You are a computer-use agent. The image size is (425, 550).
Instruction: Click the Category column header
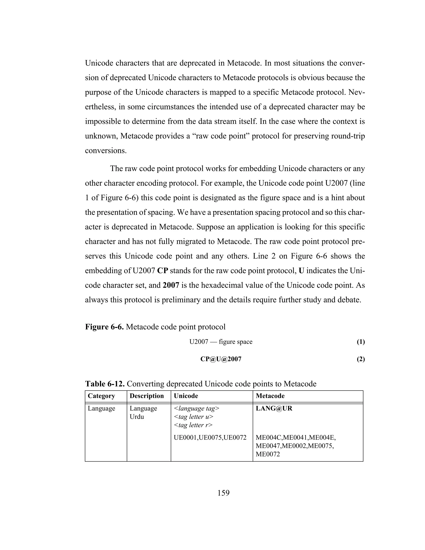click(101, 396)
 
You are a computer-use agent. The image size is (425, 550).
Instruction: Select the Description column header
click(147, 396)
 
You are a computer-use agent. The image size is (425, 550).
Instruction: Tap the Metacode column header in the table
click(270, 396)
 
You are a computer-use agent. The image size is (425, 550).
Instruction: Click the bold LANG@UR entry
click(274, 408)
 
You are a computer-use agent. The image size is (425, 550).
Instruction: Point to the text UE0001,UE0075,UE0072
click(210, 438)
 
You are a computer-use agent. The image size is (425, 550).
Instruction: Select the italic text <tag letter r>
click(193, 425)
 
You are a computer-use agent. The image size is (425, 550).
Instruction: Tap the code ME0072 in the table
click(268, 454)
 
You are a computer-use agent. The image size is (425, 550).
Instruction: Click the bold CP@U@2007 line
click(221, 359)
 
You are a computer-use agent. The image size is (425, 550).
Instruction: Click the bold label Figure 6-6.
click(104, 327)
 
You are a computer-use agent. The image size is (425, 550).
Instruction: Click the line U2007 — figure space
click(221, 342)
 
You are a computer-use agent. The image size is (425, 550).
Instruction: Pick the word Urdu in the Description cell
click(137, 417)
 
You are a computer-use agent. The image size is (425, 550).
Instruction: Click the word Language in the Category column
click(101, 408)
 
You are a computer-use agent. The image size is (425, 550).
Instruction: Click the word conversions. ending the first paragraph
click(106, 151)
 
